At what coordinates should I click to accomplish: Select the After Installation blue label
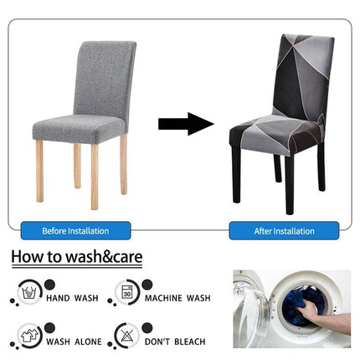274,230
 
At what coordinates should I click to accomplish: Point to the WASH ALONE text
74,342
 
